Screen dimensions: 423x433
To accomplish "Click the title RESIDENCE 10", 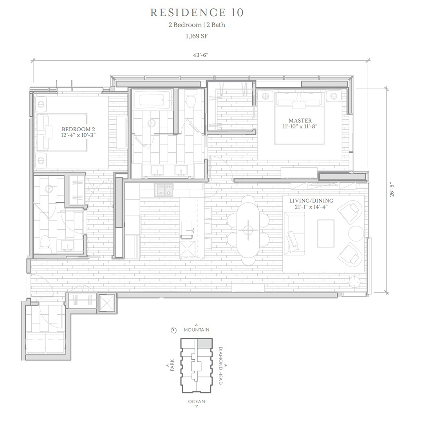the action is [x=197, y=13].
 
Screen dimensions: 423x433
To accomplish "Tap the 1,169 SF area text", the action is [x=197, y=36].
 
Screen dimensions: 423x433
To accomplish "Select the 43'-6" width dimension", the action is [x=201, y=55].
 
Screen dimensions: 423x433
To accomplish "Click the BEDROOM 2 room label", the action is [x=78, y=129].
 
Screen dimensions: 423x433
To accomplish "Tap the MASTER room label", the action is [x=300, y=120].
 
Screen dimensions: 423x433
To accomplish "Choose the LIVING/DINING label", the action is [x=311, y=201].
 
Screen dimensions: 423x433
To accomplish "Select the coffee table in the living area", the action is [x=325, y=234].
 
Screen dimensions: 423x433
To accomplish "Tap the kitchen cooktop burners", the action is [x=164, y=190].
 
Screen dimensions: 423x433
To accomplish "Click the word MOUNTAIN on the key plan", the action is [x=197, y=330].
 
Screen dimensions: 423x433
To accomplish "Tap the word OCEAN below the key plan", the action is [x=197, y=402].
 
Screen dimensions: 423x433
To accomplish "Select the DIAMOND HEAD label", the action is [x=221, y=366].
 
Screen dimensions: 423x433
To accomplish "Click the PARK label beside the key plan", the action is [x=172, y=365].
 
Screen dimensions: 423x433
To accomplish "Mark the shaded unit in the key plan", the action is [x=204, y=343].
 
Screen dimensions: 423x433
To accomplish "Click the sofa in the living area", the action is [x=294, y=234].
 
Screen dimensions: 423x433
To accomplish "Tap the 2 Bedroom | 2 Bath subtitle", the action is [x=197, y=25].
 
